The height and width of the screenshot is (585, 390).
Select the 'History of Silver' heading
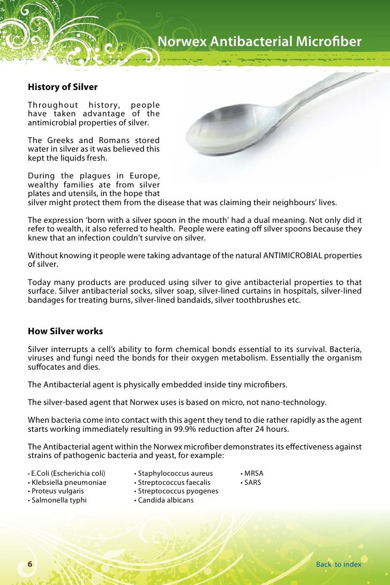point(62,87)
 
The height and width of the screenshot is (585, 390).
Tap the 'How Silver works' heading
point(65,331)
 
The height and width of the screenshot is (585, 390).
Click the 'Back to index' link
point(339,564)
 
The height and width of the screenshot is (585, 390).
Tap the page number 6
point(30,564)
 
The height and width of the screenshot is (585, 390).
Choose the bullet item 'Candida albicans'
point(166,500)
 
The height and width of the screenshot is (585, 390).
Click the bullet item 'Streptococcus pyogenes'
point(178,491)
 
